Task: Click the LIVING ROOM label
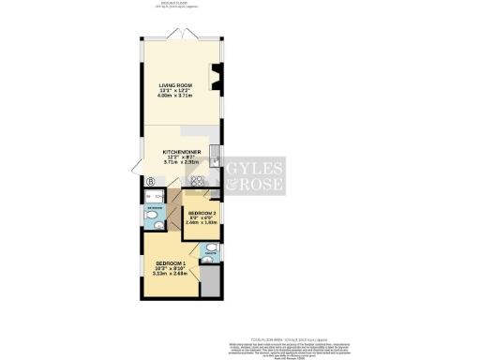pos(175,85)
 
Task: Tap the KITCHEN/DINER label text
pos(179,151)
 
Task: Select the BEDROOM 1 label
pos(169,262)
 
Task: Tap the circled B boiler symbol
pos(149,179)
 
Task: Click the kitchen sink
pos(215,156)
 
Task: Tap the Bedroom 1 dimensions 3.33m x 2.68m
pos(169,273)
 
